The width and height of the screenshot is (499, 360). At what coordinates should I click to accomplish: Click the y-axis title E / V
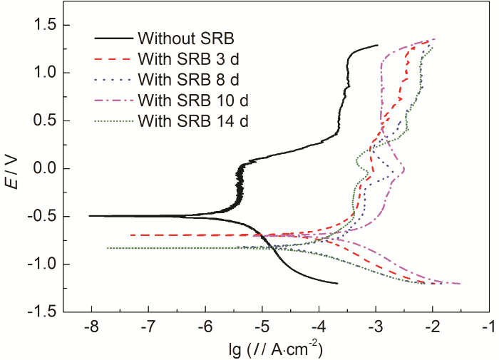17,169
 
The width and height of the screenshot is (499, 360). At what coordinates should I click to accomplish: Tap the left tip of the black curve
88,215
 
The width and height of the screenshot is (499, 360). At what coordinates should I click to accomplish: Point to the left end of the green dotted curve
107,248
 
